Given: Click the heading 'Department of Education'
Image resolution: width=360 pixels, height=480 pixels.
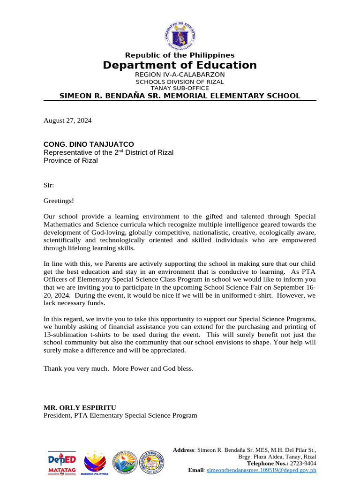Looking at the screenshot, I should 180,65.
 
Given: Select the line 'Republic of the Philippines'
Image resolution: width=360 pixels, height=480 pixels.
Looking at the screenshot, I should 180,55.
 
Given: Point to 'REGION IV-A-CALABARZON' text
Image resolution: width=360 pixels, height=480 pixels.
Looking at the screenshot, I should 180,75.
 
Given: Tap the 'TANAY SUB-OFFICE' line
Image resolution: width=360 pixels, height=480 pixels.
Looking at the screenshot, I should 180,88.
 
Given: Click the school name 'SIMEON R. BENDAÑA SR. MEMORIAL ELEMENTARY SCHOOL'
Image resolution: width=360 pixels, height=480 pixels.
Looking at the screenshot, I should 180,96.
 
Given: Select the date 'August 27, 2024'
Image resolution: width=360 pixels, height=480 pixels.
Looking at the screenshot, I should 67,120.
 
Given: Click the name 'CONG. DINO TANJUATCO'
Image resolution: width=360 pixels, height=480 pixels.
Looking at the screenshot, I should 89,144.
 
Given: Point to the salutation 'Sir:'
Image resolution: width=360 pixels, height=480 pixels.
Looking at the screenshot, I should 49,185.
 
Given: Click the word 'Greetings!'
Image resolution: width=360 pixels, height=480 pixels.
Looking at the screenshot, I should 59,201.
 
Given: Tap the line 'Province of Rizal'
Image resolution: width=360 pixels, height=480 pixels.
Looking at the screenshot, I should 71,160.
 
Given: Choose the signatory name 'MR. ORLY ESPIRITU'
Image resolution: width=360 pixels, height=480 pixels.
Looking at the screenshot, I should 80,407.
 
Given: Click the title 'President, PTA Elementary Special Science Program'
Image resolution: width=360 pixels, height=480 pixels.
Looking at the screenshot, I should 120,415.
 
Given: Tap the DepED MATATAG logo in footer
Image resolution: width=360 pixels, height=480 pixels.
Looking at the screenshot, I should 62,463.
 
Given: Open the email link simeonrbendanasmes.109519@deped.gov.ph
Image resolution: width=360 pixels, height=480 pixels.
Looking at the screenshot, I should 262,470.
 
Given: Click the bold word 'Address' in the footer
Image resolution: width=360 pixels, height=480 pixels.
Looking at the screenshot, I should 184,450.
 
